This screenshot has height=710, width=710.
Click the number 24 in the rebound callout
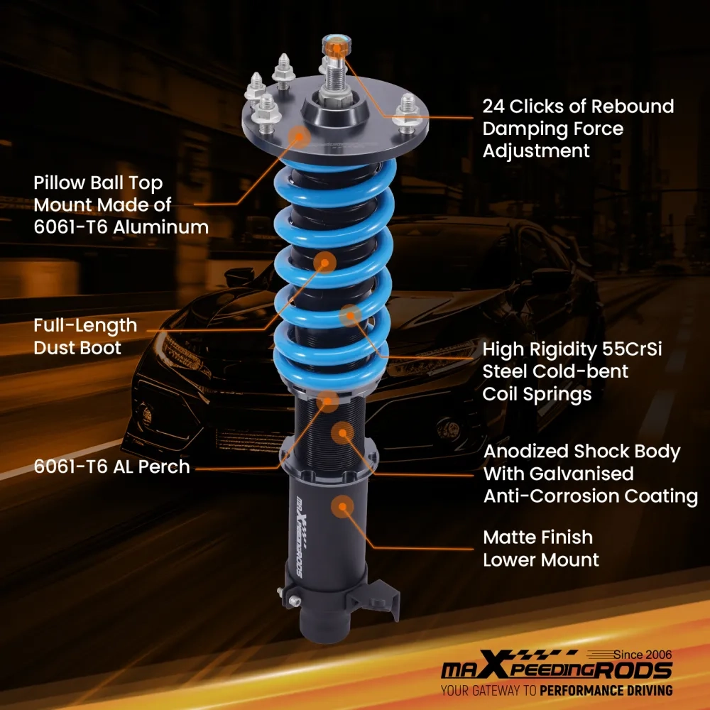coord(495,106)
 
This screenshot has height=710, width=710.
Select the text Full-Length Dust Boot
coord(85,337)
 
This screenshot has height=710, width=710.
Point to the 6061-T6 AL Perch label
coord(111,466)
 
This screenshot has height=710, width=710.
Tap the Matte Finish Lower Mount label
coord(541,548)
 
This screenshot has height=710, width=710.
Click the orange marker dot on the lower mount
coord(344,506)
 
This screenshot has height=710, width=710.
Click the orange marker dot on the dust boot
coord(326,263)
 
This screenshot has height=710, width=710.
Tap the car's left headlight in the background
coord(177,346)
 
